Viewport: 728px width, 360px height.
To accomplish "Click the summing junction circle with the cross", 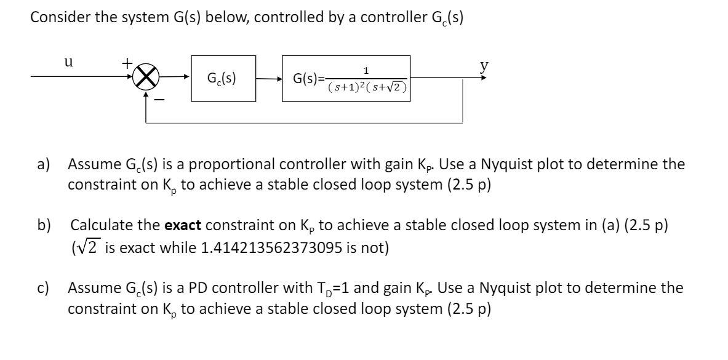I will click(146, 78).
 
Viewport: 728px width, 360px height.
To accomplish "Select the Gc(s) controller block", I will click(223, 78).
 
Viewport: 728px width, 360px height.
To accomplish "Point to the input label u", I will click(69, 62).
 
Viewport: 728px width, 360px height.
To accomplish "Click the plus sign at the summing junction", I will click(126, 63).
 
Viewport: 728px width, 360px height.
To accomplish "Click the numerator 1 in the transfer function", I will click(367, 71).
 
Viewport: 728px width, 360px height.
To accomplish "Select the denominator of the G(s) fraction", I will click(367, 87).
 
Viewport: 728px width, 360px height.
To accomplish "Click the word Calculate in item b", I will click(105, 226).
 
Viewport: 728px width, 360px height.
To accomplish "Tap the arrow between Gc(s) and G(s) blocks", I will click(268, 78).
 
